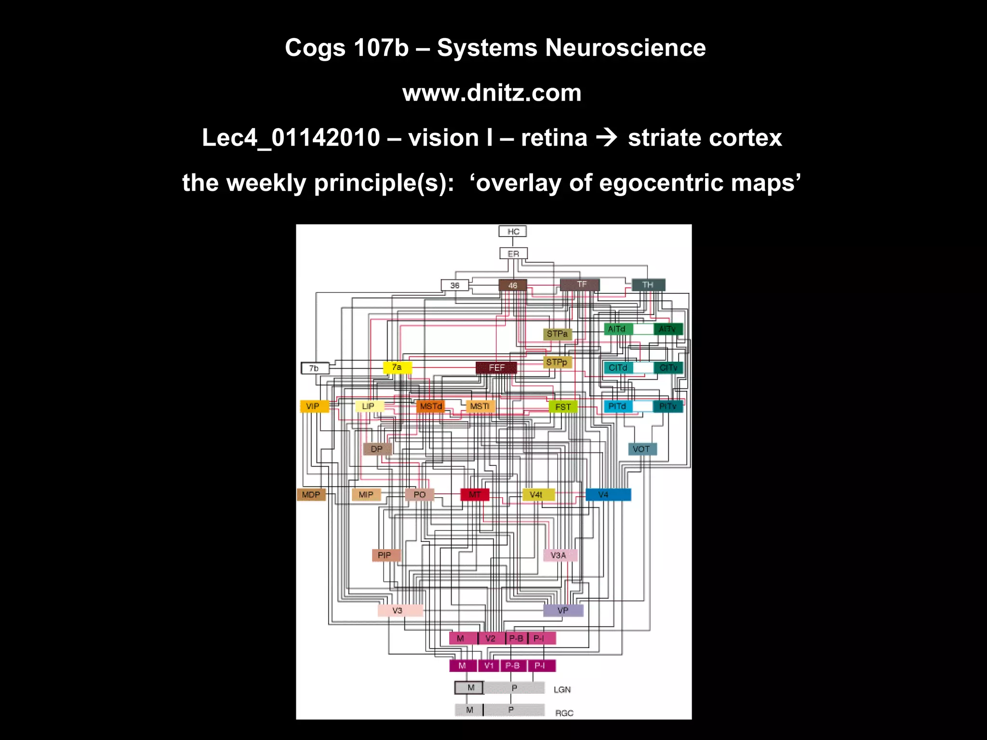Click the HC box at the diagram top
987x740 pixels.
(x=513, y=232)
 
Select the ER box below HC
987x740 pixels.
(x=513, y=253)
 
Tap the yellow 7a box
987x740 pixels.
(x=397, y=368)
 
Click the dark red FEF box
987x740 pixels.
(x=496, y=368)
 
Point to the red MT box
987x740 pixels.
(x=475, y=495)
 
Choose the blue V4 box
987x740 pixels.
(x=608, y=495)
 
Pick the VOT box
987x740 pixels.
(x=641, y=449)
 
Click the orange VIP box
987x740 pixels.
(x=314, y=406)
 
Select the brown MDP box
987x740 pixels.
(x=311, y=495)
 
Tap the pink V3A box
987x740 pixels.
(x=559, y=555)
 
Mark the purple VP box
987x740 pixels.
(x=563, y=610)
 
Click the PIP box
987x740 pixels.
(x=385, y=555)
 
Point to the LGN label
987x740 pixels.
(x=562, y=690)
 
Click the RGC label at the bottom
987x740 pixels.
(x=564, y=713)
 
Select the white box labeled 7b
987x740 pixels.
(x=315, y=369)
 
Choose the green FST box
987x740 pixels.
(x=563, y=407)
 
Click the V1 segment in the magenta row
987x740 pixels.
(x=489, y=666)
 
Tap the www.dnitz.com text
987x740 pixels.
(x=492, y=92)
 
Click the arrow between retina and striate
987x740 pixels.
(x=607, y=138)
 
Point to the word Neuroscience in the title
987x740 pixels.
(x=625, y=48)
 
